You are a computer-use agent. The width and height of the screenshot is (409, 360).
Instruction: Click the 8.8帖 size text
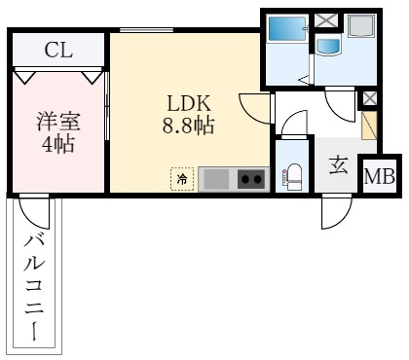pyautogui.click(x=188, y=126)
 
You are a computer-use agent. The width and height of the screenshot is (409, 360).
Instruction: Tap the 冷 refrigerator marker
pyautogui.click(x=182, y=178)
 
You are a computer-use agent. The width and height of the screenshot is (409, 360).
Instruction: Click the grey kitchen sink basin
pyautogui.click(x=215, y=178)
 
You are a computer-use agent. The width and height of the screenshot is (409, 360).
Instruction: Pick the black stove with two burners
pyautogui.click(x=250, y=178)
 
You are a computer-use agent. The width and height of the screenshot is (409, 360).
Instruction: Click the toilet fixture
pyautogui.click(x=291, y=175)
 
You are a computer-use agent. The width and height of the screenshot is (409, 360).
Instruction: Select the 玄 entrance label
pyautogui.click(x=337, y=165)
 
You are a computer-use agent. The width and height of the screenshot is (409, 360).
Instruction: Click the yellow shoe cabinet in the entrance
pyautogui.click(x=368, y=127)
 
